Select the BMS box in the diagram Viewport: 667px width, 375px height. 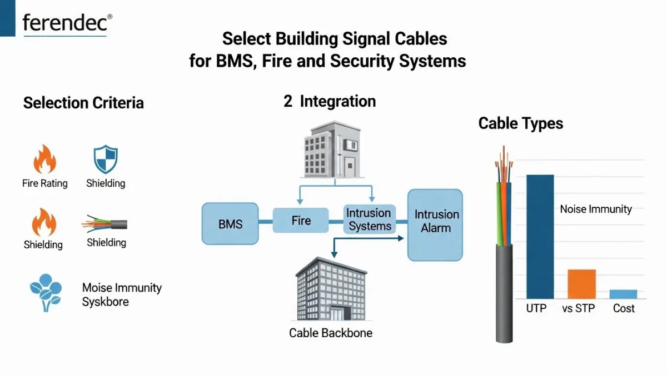231,224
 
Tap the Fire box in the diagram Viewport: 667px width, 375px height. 301,221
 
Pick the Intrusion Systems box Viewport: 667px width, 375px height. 369,219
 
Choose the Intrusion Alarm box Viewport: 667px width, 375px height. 435,224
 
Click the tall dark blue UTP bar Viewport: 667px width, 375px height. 540,236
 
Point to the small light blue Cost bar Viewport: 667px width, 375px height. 623,294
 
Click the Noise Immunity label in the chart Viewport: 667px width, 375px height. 596,209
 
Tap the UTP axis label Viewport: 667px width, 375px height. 536,308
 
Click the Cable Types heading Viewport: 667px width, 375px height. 521,123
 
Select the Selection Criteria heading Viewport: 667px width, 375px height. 83,103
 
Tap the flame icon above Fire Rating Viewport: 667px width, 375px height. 44,160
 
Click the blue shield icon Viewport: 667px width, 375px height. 105,160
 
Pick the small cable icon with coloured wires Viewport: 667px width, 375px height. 105,224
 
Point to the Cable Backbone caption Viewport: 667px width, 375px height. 331,333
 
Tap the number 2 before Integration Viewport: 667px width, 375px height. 288,102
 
